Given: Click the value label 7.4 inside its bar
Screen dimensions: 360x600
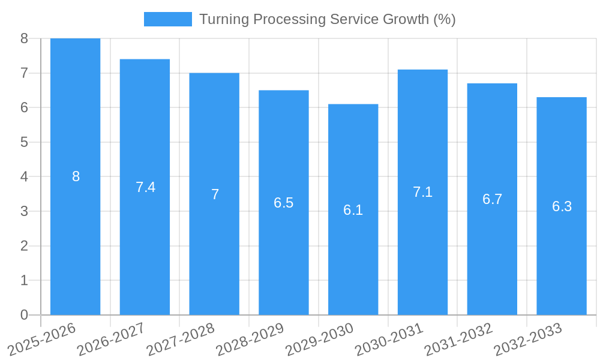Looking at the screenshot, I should point(145,187).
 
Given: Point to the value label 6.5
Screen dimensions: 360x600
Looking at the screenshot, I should point(284,203).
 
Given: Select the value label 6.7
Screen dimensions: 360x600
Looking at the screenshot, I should point(492,199).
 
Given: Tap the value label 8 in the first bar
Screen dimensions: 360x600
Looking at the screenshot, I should point(76,176).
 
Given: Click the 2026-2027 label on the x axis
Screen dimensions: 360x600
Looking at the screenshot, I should point(112,340).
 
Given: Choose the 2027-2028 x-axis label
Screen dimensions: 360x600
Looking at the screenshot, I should point(181,340).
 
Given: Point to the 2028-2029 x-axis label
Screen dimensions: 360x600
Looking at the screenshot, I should point(250,340).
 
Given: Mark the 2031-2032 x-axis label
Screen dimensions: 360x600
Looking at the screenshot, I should point(459,340).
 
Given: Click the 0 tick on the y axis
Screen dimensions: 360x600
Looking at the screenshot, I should point(24,315).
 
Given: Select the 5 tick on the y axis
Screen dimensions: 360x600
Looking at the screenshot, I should point(24,142).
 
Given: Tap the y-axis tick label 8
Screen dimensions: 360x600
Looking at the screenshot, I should point(24,38).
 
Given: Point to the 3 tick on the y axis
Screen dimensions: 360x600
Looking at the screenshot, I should point(24,211).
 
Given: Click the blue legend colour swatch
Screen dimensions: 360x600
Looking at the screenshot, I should point(167,19).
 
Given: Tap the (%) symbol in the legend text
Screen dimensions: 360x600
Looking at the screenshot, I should point(444,19).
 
